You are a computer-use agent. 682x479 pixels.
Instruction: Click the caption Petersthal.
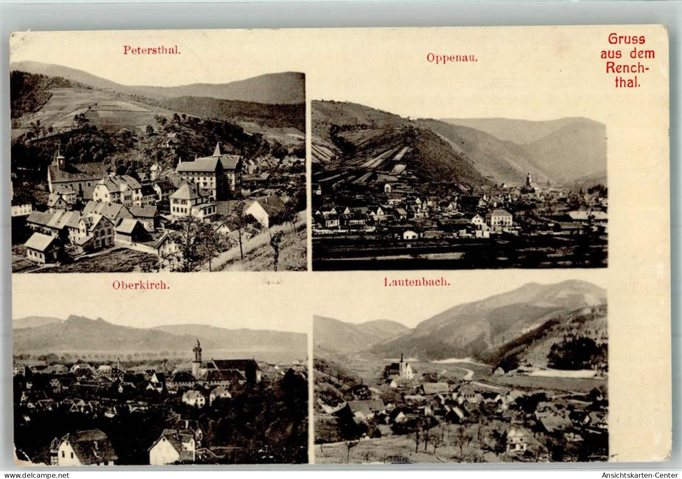(152, 50)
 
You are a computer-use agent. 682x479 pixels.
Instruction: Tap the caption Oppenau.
(452, 58)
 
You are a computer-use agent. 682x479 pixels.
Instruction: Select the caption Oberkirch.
(141, 285)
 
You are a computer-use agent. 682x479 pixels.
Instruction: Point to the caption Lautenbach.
(417, 282)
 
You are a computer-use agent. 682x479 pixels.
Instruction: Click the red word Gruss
(627, 39)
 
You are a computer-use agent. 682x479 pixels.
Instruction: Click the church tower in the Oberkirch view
(197, 356)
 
